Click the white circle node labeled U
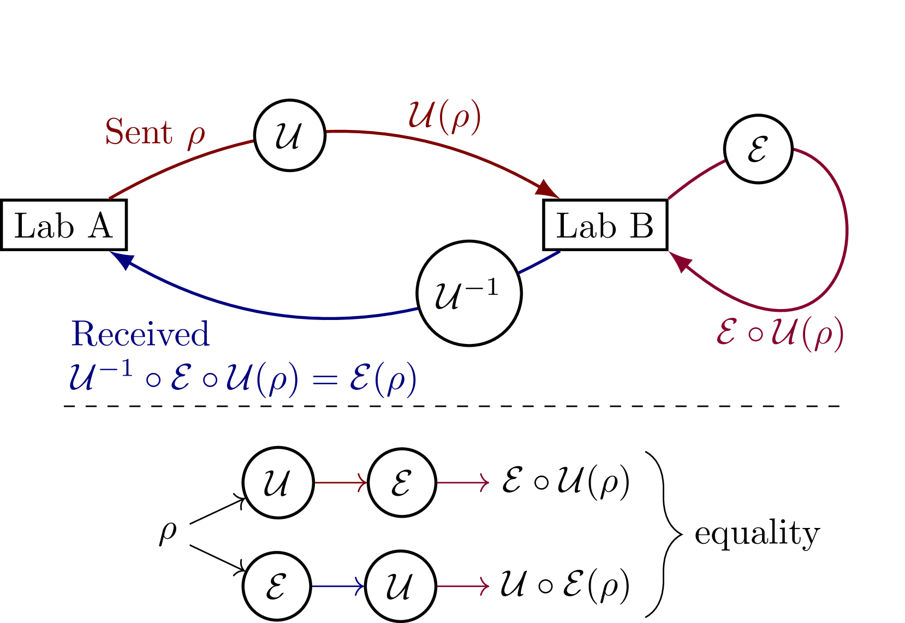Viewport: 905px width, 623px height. point(290,135)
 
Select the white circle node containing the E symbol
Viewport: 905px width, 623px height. point(758,149)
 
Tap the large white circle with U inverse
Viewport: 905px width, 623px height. point(469,293)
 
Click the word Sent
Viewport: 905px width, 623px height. point(139,133)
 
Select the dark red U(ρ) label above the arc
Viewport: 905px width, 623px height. point(445,116)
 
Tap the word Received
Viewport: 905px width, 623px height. point(140,334)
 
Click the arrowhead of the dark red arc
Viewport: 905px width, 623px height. point(547,189)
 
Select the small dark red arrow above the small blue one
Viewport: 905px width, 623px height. point(341,483)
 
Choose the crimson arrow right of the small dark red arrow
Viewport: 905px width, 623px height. point(463,483)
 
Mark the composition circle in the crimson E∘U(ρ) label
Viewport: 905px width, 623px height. point(754,334)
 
